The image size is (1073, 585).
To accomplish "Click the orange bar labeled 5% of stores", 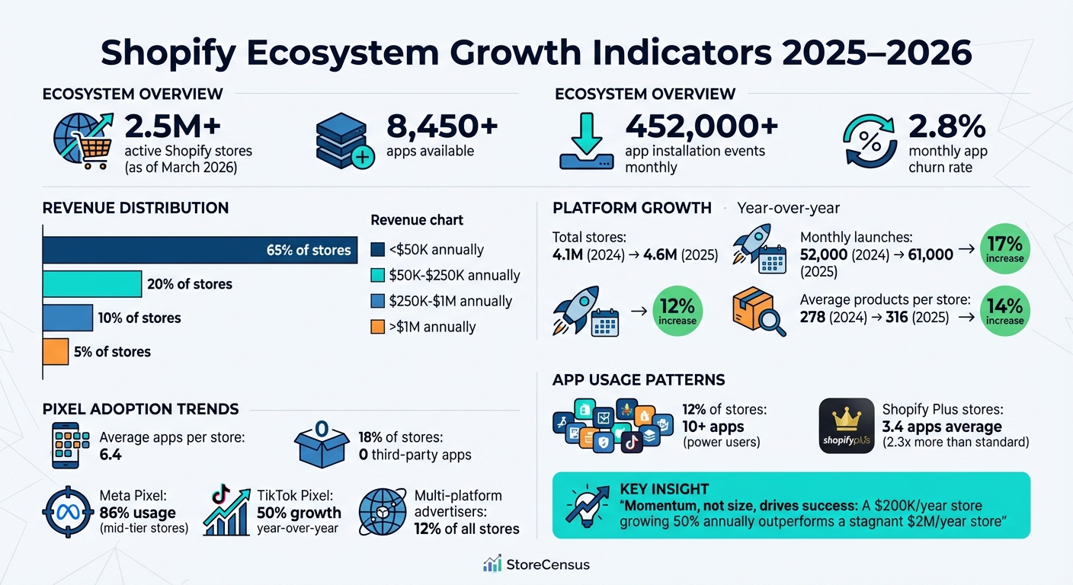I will pyautogui.click(x=56, y=352).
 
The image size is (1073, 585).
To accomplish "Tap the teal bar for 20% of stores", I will pyautogui.click(x=92, y=284).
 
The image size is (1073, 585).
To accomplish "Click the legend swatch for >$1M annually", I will pyautogui.click(x=376, y=327).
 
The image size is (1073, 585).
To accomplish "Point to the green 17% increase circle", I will pyautogui.click(x=1004, y=248).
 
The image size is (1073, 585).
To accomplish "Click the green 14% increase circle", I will pyautogui.click(x=1004, y=310).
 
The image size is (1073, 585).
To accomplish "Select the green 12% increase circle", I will pyautogui.click(x=677, y=310).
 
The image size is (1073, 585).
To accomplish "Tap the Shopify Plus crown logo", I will pyautogui.click(x=846, y=426).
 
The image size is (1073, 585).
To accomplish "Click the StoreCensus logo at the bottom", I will pyautogui.click(x=536, y=564).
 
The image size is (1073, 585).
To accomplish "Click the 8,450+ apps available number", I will pyautogui.click(x=442, y=126).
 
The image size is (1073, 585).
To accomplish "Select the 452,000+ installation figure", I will pyautogui.click(x=701, y=126).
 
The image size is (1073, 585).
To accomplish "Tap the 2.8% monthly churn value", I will pyautogui.click(x=946, y=126).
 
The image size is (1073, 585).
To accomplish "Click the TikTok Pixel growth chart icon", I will pyautogui.click(x=226, y=511).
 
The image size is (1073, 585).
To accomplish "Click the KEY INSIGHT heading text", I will pyautogui.click(x=664, y=489).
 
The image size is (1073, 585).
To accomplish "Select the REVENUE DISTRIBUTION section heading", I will pyautogui.click(x=136, y=208).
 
